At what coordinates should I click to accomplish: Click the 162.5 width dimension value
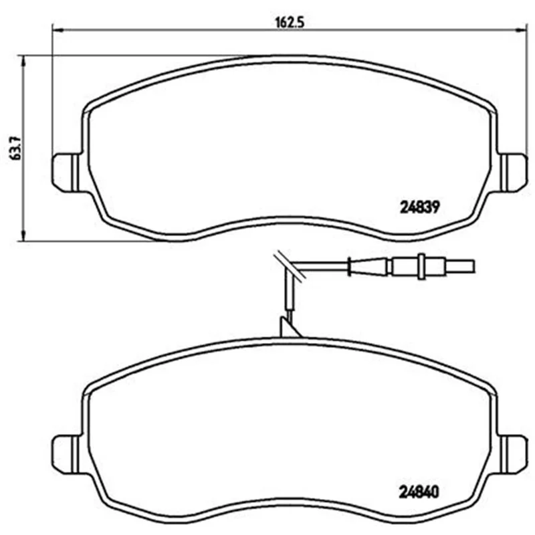pyautogui.click(x=290, y=23)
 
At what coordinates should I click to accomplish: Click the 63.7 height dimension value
pyautogui.click(x=15, y=148)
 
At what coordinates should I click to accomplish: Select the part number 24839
pyautogui.click(x=420, y=207)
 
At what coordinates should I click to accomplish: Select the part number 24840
pyautogui.click(x=419, y=492)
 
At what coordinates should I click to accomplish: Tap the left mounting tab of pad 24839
pyautogui.click(x=66, y=173)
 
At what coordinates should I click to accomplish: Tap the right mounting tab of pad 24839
pyautogui.click(x=513, y=173)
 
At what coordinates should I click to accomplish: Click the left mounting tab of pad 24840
pyautogui.click(x=66, y=454)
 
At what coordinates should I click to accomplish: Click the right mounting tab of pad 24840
pyautogui.click(x=513, y=454)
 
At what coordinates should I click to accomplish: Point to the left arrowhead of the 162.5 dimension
pyautogui.click(x=58, y=30)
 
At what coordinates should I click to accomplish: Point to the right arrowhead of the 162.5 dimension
pyautogui.click(x=522, y=30)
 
